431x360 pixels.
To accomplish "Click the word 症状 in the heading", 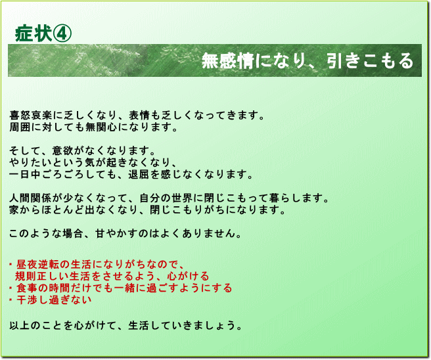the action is [34, 34].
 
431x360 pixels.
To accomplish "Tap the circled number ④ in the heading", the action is [62, 34].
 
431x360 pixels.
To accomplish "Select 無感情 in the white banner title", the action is [227, 60].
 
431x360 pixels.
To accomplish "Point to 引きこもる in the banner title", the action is [371, 60].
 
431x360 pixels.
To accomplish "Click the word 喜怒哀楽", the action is [31, 116].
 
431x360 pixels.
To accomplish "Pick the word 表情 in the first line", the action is [140, 116].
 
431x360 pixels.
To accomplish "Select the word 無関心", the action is [101, 127].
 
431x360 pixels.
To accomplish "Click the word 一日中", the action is [25, 175].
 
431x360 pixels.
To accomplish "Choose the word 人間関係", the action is [31, 198].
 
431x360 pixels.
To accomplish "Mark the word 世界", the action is [183, 198].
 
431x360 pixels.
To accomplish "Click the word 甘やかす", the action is [117, 234].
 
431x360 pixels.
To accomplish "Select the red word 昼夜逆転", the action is [37, 265].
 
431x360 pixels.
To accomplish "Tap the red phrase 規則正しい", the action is [42, 276].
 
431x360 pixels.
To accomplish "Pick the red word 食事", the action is [27, 288].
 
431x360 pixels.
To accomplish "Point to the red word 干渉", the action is [27, 300].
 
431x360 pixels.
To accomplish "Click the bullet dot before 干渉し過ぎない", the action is [11, 300].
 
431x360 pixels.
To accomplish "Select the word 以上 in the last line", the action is [20, 326].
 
